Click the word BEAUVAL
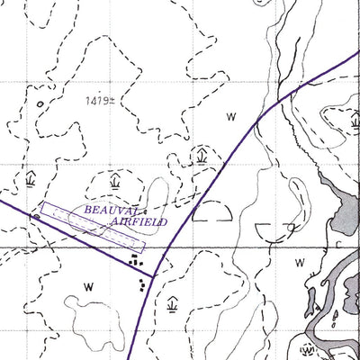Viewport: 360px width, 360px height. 112,210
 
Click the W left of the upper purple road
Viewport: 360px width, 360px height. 231,117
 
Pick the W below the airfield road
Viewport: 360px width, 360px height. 88,286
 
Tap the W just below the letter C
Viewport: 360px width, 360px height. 301,263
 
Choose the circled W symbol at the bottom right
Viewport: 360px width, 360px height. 307,349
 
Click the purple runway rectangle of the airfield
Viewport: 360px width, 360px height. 92,226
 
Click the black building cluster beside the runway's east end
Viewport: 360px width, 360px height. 135,259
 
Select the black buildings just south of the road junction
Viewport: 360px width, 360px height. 143,286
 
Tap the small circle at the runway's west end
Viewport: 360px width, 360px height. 36,217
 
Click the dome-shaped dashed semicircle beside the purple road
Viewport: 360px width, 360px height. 212,212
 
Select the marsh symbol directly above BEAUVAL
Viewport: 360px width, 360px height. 114,182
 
